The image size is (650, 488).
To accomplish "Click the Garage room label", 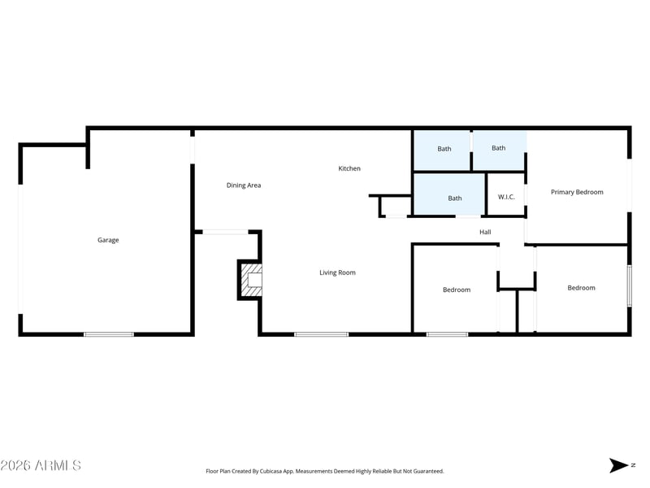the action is [108, 240].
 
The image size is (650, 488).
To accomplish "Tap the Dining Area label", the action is [244, 185].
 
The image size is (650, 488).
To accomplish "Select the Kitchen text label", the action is [349, 168].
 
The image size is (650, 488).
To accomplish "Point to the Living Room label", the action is [337, 272].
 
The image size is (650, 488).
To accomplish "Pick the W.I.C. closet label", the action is [506, 197].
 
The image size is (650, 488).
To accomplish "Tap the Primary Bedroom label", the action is [577, 192].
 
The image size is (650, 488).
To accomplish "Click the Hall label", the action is [485, 232].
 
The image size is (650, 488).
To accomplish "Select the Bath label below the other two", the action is [455, 198].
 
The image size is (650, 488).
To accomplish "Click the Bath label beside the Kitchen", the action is [444, 149].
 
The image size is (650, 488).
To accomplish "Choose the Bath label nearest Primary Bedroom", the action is [499, 148].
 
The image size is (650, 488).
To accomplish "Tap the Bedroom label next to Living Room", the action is [457, 290].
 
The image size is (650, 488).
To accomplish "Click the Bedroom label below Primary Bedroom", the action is [581, 288].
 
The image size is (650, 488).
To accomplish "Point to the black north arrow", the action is [618, 465].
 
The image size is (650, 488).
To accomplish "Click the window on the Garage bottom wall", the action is [109, 334].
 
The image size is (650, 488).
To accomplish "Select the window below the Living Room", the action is [322, 334].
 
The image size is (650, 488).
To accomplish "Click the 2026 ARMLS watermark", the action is [41, 465].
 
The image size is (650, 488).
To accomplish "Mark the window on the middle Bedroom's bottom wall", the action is [448, 334].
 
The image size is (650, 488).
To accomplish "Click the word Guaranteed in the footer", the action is [429, 471].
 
